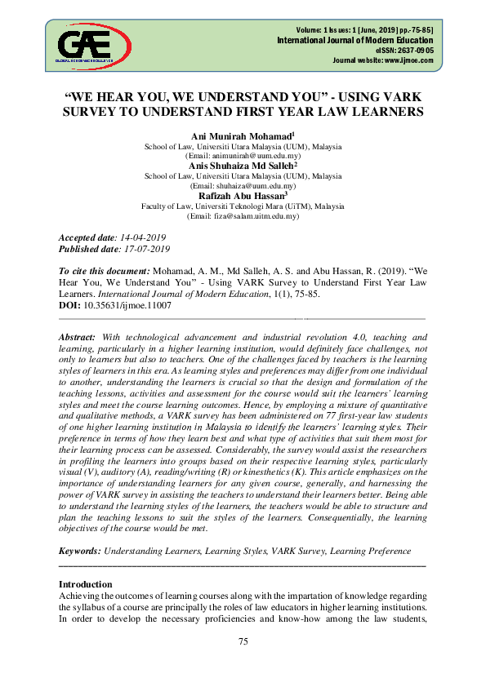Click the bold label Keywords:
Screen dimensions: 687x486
point(82,551)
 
